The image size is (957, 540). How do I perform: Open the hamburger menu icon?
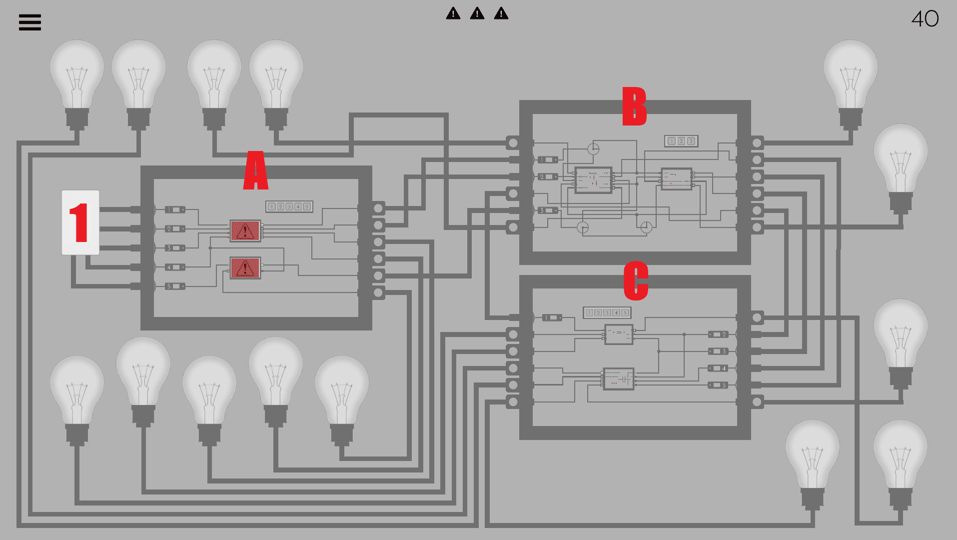(x=30, y=22)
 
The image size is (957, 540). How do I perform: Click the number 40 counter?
(x=925, y=19)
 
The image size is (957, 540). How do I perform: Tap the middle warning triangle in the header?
(x=477, y=13)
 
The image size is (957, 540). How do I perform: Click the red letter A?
(x=255, y=171)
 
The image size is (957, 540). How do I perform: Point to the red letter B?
(x=634, y=106)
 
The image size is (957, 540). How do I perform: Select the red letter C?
(x=636, y=280)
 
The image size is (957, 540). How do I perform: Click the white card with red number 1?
(x=80, y=222)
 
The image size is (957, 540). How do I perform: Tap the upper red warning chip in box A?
(x=245, y=230)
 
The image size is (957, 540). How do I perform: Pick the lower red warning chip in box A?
(x=245, y=268)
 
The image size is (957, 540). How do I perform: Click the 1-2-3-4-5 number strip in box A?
(x=289, y=206)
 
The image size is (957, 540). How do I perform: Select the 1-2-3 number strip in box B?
(x=681, y=141)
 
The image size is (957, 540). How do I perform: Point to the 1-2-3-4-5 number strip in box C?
(x=607, y=312)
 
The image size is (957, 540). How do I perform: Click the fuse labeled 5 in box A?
(x=175, y=286)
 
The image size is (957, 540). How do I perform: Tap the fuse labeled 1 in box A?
(x=175, y=209)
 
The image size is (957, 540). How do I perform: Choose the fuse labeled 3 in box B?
(x=548, y=210)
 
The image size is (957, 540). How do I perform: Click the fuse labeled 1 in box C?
(x=552, y=317)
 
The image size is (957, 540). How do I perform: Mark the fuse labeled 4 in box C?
(x=718, y=368)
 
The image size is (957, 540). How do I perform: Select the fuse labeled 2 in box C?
(x=718, y=334)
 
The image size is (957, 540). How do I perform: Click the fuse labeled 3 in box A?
(x=175, y=248)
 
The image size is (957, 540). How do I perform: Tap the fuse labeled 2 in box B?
(x=548, y=176)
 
